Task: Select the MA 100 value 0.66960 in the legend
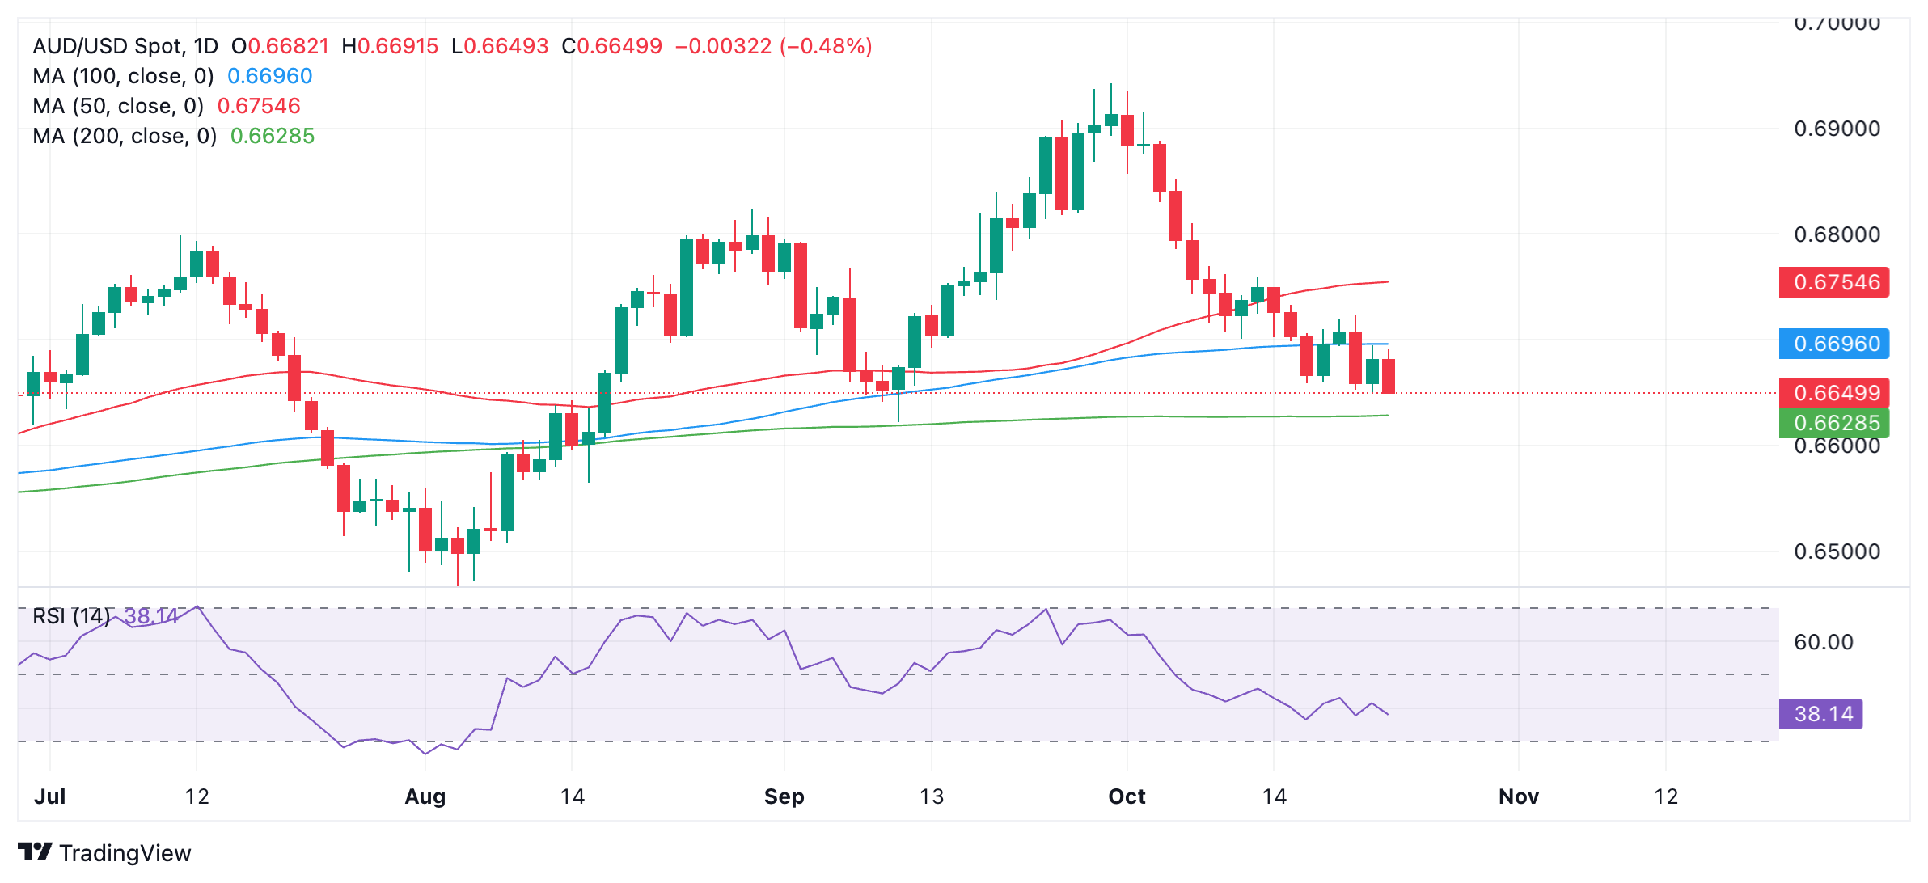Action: (269, 76)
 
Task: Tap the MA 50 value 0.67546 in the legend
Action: (259, 106)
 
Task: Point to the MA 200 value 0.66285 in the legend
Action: (273, 136)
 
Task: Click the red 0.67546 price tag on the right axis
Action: (1833, 282)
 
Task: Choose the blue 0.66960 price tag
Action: (1833, 344)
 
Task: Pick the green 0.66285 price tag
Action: (1833, 423)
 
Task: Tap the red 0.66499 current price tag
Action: (1833, 393)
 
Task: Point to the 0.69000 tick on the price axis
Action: (1837, 129)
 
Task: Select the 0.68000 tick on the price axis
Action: (1837, 234)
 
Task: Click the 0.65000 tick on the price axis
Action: (1837, 551)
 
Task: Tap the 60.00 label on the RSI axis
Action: (1823, 642)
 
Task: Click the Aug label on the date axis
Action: (425, 796)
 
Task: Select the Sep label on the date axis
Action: (784, 796)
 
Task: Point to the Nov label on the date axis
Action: (1518, 796)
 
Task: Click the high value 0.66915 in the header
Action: (398, 46)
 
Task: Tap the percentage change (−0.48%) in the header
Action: (826, 46)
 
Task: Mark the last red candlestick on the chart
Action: (1389, 376)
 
